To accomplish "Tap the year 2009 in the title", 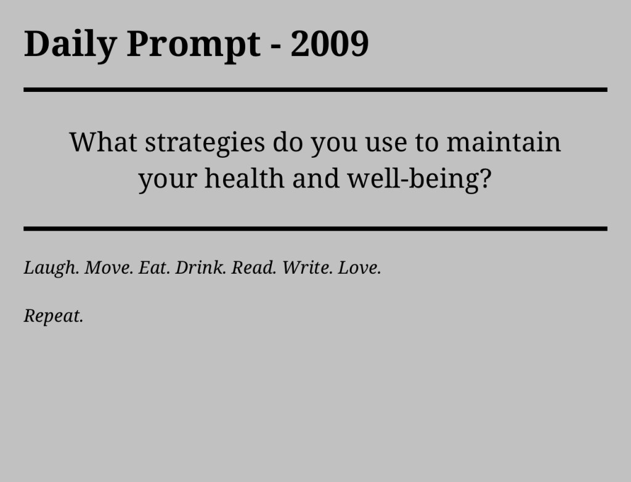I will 330,44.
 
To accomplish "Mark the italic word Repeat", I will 53,316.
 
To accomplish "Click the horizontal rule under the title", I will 315,90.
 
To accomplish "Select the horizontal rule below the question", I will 315,229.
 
